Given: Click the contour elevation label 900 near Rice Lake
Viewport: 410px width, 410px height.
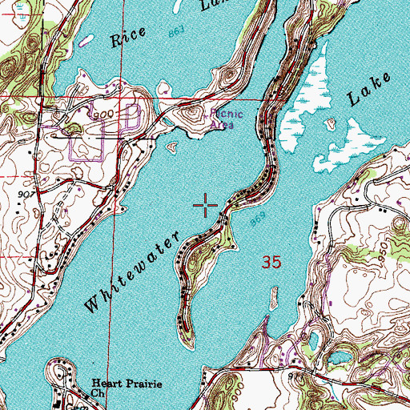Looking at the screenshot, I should pos(102,115).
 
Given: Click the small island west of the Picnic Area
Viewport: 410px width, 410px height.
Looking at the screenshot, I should pos(171,147).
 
